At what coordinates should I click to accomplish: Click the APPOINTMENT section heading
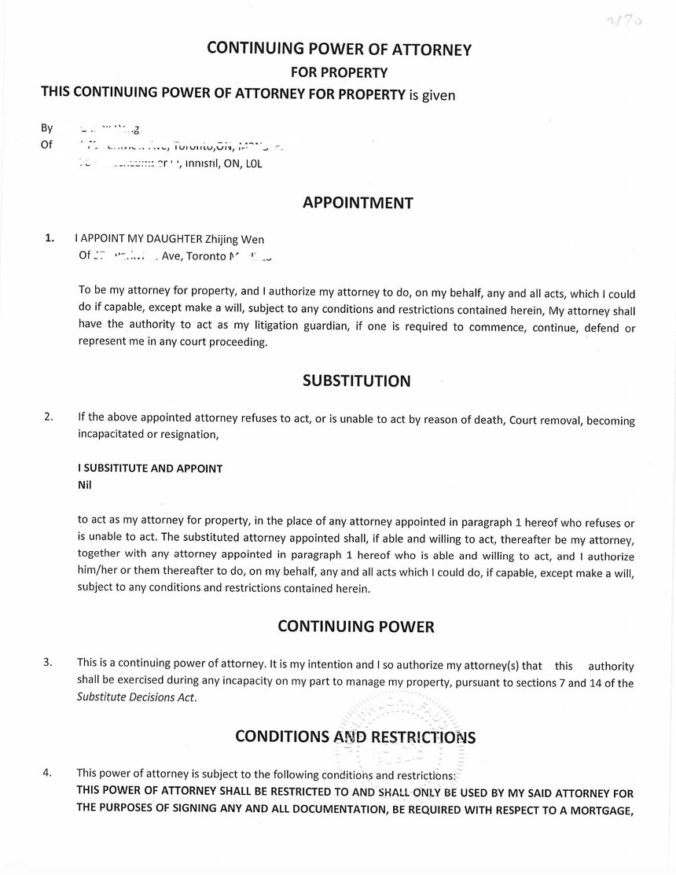[x=358, y=203]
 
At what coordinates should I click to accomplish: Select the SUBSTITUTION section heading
[x=356, y=381]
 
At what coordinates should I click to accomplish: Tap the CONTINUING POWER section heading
[x=355, y=627]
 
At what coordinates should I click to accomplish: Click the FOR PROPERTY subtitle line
[x=339, y=72]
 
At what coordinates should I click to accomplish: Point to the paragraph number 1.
[x=50, y=237]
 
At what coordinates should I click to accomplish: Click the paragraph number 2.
[x=50, y=417]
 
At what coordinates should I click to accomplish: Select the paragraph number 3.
[x=49, y=662]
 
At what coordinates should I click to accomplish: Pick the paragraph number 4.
[x=49, y=772]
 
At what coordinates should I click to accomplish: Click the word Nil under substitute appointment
[x=85, y=485]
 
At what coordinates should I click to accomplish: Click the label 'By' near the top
[x=47, y=128]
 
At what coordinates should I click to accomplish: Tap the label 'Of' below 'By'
[x=46, y=145]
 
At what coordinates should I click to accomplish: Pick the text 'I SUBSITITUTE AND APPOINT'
[x=150, y=469]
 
